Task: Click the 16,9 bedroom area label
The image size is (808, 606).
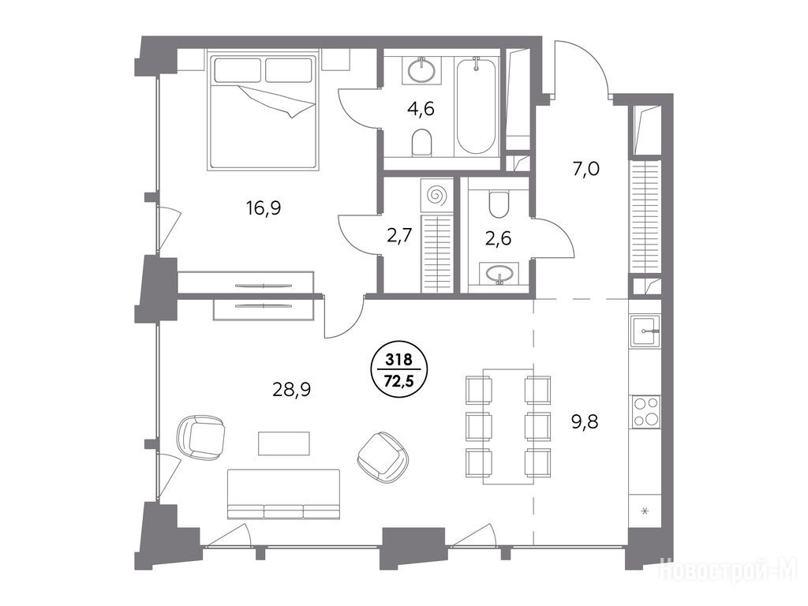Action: click(263, 208)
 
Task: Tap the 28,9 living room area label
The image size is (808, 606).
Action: click(291, 390)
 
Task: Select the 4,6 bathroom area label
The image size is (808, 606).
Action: click(421, 109)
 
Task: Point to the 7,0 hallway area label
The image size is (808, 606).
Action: click(586, 169)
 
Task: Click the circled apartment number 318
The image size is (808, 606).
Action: click(395, 359)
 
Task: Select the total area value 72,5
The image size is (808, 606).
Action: click(395, 382)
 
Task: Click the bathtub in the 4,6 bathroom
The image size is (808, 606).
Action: click(476, 107)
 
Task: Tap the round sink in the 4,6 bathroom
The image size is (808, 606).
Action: click(424, 70)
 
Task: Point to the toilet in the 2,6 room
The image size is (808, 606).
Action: click(499, 204)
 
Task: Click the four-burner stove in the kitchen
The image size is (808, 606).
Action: click(645, 411)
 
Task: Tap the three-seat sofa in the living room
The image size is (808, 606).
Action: click(283, 494)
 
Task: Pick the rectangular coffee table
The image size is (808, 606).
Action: click(284, 443)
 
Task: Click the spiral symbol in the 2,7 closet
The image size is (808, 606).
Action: click(436, 196)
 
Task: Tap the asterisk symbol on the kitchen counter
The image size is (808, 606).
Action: click(644, 511)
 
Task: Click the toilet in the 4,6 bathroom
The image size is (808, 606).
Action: click(421, 142)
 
